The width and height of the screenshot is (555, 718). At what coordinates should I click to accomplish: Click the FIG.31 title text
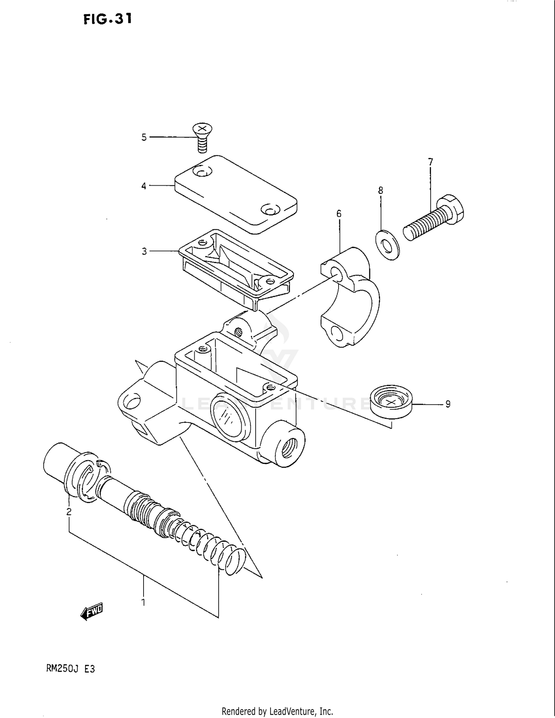pos(107,19)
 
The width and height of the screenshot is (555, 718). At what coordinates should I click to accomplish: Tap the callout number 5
pos(144,138)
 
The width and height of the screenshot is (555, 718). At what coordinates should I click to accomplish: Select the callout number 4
pos(144,186)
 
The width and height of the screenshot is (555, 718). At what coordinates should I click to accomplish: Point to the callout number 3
pos(144,252)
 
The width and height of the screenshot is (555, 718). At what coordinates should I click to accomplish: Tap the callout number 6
pos(339,214)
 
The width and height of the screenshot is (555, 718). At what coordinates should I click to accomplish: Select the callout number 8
pos(380,191)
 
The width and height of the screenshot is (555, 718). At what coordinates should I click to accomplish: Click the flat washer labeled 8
pos(387,245)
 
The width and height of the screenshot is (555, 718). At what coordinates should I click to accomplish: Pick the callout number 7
pos(430,162)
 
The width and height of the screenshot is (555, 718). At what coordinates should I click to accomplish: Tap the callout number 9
pos(448,404)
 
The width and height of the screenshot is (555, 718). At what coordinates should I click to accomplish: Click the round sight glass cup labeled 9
pos(391,402)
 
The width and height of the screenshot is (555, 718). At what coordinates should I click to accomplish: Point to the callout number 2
pos(69,512)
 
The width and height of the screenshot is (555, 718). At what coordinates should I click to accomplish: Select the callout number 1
pos(144,603)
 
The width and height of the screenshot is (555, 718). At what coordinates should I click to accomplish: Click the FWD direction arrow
pos(92,612)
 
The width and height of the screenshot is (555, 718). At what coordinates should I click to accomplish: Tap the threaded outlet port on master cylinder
pos(289,448)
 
